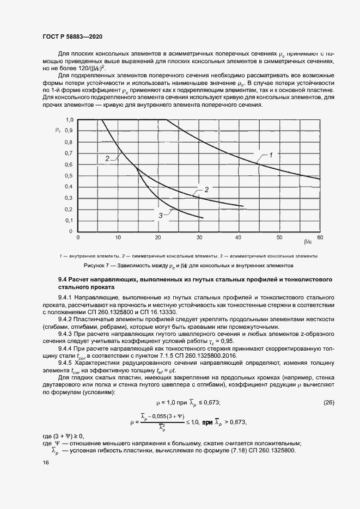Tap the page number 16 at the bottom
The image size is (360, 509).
point(45,462)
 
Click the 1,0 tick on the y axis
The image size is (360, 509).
point(69,119)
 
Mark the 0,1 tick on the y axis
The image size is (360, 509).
point(69,220)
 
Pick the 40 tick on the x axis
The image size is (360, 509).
point(239,238)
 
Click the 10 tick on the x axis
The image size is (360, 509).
point(118,238)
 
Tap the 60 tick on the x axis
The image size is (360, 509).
point(320,238)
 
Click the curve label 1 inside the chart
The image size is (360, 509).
point(271,155)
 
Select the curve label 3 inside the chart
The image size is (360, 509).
point(161,216)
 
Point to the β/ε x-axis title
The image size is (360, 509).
point(308,240)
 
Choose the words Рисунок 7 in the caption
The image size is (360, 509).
point(99,266)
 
